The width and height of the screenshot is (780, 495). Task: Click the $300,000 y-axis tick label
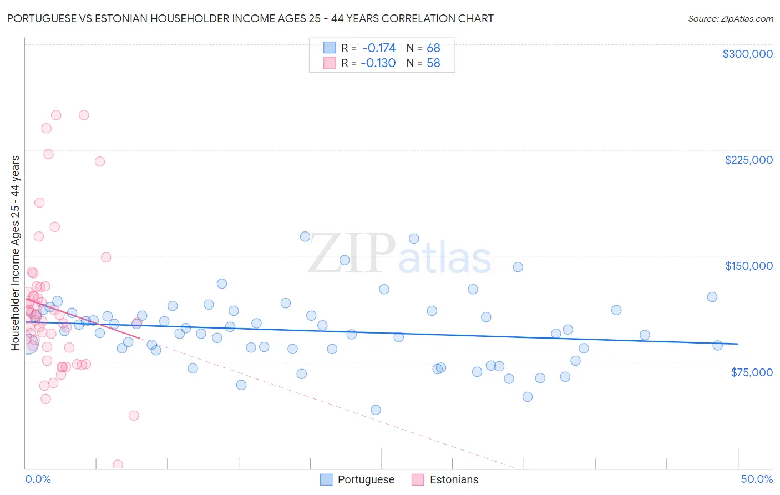pyautogui.click(x=747, y=54)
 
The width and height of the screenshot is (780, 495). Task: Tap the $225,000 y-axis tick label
pyautogui.click(x=748, y=160)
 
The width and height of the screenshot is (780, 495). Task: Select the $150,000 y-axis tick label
pyautogui.click(x=748, y=266)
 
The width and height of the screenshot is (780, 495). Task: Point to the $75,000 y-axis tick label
pyautogui.click(x=751, y=372)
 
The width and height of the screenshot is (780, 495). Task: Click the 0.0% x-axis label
pyautogui.click(x=38, y=479)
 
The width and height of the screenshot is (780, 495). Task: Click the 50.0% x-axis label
pyautogui.click(x=757, y=479)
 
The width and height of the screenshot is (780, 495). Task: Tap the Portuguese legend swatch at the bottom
pyautogui.click(x=326, y=479)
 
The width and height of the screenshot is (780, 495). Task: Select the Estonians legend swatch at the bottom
pyautogui.click(x=418, y=479)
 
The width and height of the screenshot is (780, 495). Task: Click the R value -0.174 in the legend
pyautogui.click(x=378, y=48)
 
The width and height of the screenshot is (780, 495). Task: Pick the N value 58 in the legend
pyautogui.click(x=433, y=63)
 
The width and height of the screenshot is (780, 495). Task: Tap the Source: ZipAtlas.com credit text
pyautogui.click(x=730, y=19)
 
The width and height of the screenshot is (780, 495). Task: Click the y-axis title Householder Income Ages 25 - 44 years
pyautogui.click(x=16, y=253)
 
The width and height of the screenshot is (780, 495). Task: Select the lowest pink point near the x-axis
pyautogui.click(x=118, y=464)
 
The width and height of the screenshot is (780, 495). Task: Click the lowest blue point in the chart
pyautogui.click(x=376, y=410)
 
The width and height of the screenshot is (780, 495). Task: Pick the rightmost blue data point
pyautogui.click(x=717, y=345)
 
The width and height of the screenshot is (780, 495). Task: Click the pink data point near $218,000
pyautogui.click(x=100, y=161)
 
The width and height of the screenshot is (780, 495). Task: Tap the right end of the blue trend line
pyautogui.click(x=738, y=344)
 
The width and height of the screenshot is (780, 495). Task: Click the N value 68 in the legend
pyautogui.click(x=433, y=48)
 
